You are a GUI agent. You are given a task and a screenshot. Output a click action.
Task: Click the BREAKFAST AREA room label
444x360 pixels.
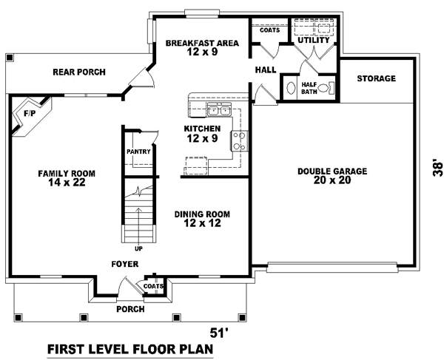point(202,48)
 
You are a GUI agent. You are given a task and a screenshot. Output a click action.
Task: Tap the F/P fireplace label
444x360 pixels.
point(30,115)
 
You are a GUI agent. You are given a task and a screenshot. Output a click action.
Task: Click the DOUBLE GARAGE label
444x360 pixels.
point(332,175)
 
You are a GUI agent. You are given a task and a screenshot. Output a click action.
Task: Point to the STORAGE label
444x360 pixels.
point(376,78)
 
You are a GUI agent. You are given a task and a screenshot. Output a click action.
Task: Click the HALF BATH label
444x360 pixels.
point(309,88)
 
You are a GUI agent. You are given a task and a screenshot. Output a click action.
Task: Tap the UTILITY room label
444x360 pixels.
point(313,40)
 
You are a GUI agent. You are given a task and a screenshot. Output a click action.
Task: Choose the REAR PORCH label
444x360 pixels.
point(78,72)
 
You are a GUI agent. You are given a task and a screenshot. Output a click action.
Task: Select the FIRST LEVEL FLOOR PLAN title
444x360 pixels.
point(129,348)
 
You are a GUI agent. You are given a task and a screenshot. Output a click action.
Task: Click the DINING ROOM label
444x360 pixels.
point(202,218)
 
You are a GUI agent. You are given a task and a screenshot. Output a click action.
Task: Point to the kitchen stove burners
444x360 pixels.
point(240,140)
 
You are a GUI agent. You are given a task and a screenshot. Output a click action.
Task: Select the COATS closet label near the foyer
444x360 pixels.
point(153,285)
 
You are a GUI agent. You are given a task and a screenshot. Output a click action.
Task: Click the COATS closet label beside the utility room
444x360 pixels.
point(268,30)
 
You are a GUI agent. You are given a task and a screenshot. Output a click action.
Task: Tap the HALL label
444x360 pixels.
point(265,70)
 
